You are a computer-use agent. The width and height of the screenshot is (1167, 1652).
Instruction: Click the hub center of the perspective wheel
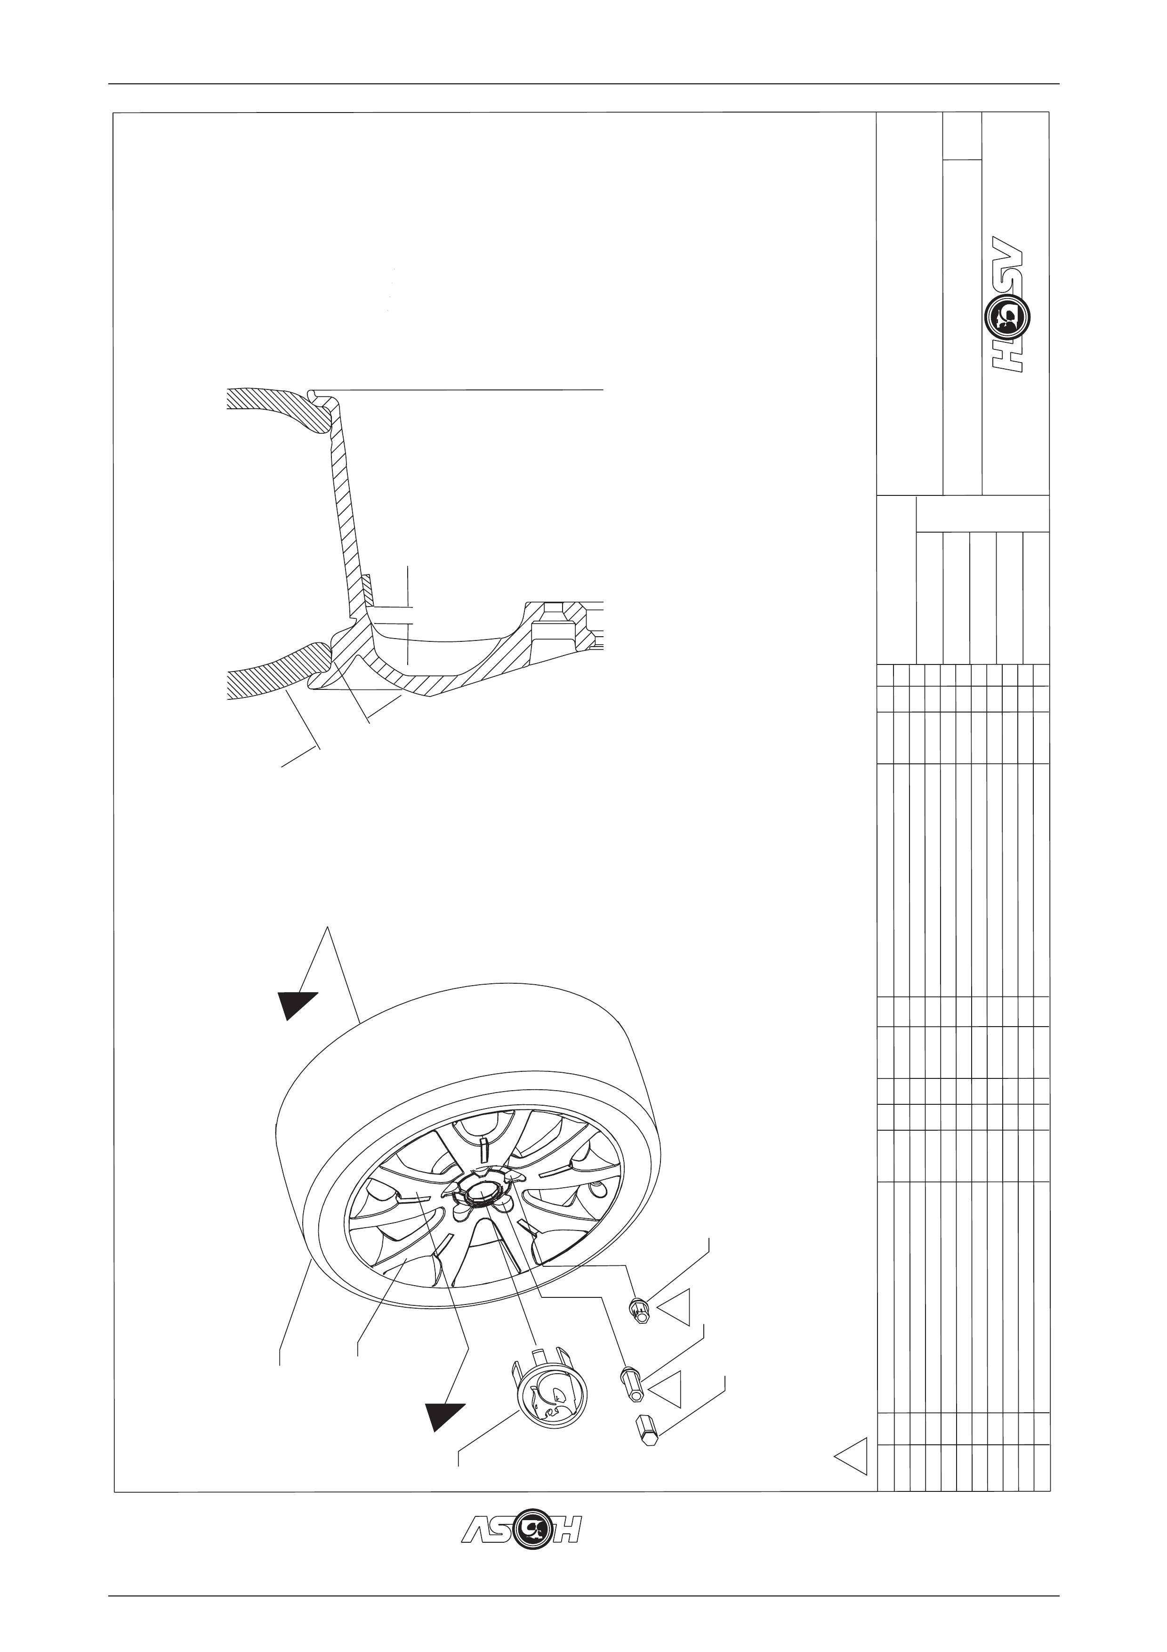point(477,1191)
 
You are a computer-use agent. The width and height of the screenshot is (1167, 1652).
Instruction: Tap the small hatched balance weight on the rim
point(368,589)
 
